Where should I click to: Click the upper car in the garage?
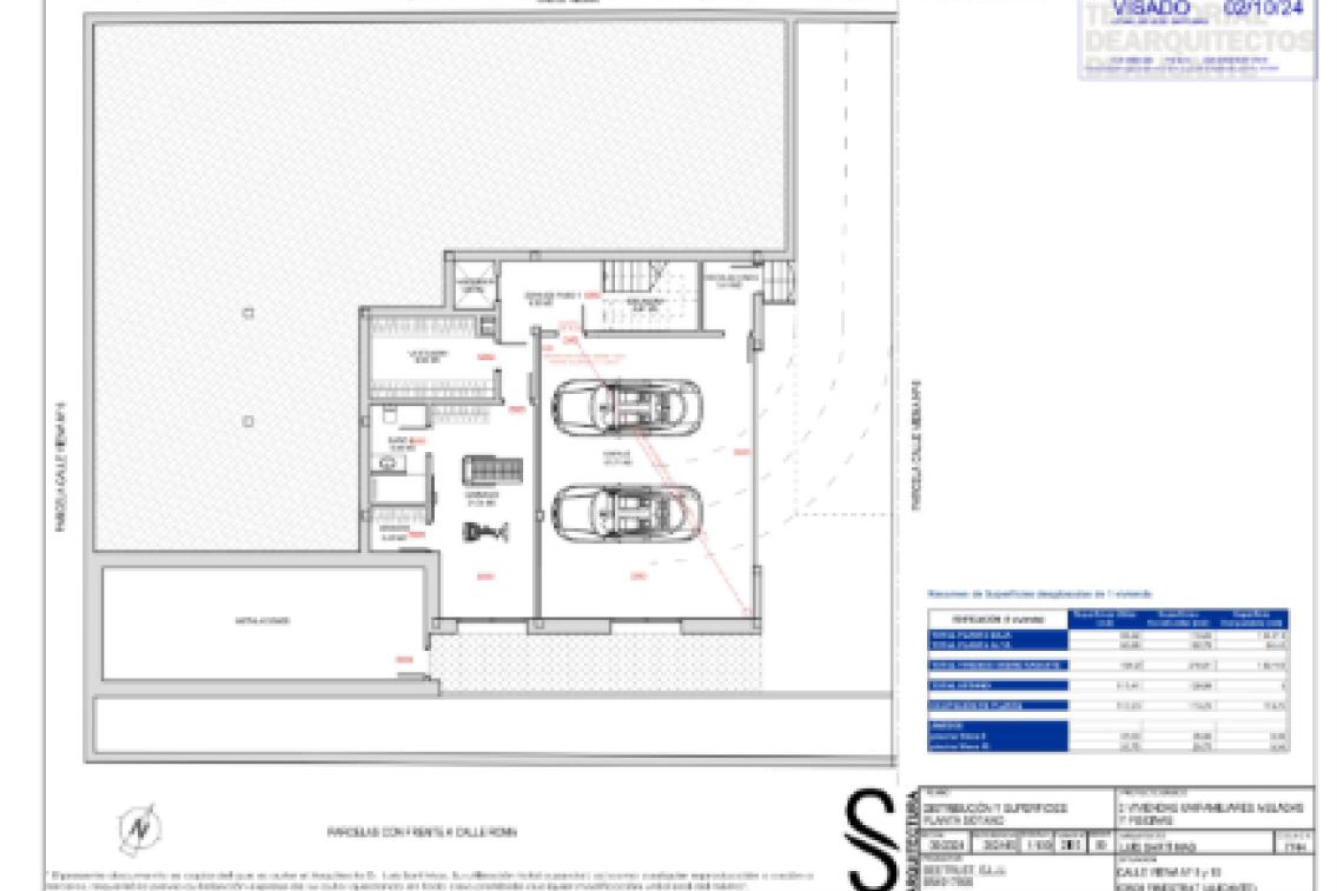627,407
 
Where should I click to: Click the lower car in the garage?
627,513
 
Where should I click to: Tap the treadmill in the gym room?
492,471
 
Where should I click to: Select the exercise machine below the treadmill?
485,533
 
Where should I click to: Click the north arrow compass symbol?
140,828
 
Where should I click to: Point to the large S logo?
871,839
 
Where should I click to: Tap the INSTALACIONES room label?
263,620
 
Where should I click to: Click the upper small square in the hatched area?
248,313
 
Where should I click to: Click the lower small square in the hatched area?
248,422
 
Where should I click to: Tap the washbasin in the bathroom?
388,462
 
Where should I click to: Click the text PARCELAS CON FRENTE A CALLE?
422,832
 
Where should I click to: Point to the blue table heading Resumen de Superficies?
1039,594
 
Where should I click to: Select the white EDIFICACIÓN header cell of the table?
997,619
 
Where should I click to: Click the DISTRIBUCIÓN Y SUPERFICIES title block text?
994,814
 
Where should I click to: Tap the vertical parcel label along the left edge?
61,466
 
